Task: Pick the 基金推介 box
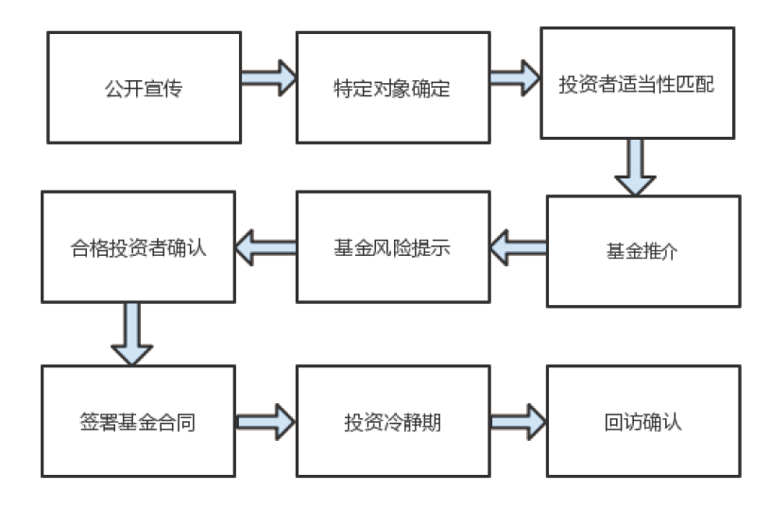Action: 642,251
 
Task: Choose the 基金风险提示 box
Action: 392,246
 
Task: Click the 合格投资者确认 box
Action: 138,246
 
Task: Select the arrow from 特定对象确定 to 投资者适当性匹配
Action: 515,77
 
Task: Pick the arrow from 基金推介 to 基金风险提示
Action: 519,248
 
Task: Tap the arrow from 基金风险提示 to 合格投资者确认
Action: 265,248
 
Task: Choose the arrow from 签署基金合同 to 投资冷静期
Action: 265,420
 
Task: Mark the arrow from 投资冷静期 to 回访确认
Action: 518,420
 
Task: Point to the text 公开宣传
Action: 144,88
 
